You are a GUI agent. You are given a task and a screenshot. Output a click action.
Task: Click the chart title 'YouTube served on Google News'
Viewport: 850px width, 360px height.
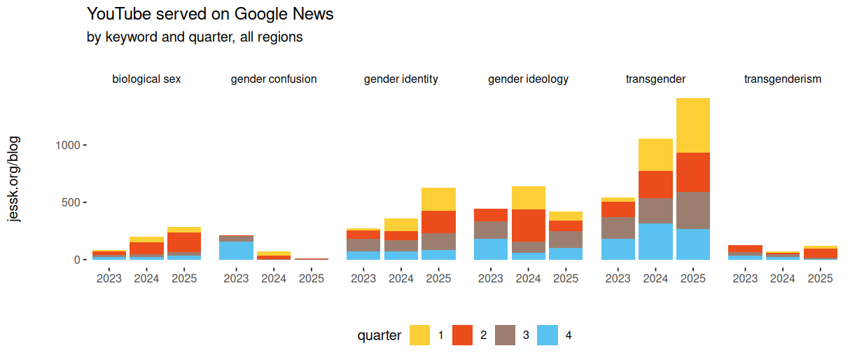click(209, 13)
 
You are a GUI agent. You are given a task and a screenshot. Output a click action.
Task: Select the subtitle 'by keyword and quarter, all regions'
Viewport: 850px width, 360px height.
click(194, 37)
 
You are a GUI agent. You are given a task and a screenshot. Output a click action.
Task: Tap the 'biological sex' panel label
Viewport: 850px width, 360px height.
click(146, 79)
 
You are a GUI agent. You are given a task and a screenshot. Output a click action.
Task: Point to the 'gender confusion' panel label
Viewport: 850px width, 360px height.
click(274, 79)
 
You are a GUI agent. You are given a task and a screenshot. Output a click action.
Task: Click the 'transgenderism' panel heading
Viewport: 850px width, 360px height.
click(782, 79)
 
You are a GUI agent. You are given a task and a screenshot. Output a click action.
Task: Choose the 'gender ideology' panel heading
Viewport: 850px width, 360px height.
click(528, 79)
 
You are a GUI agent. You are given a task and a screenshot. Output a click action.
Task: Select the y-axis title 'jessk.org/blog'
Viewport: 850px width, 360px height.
click(14, 179)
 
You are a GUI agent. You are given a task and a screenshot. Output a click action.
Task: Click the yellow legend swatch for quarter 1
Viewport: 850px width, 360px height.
click(420, 335)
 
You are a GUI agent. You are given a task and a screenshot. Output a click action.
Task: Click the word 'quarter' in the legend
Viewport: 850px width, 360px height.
click(379, 335)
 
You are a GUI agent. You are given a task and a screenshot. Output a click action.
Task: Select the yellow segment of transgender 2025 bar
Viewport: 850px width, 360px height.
click(693, 125)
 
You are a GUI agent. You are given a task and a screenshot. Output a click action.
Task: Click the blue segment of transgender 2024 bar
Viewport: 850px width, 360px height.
click(655, 242)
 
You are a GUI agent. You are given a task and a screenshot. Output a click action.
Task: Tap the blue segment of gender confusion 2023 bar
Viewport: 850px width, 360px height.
click(236, 251)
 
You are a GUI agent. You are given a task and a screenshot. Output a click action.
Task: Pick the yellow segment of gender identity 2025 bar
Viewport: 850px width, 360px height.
click(438, 199)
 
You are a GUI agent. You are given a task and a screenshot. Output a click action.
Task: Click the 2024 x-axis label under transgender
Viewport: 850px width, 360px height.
click(655, 278)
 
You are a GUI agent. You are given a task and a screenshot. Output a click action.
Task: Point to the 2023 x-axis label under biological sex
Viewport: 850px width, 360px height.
click(109, 278)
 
